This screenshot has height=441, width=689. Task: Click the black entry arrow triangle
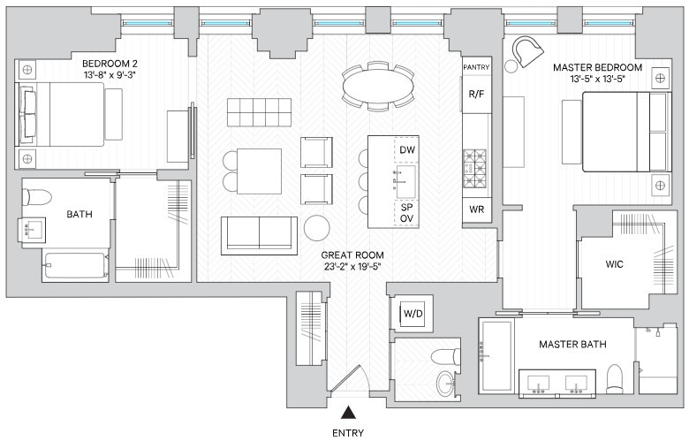click(349, 412)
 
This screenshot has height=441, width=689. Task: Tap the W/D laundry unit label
click(413, 314)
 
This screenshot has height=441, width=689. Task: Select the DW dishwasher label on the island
click(407, 150)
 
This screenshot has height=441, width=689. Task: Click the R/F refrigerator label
click(477, 94)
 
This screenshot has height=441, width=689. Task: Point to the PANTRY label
click(476, 67)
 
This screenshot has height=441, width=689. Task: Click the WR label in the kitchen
click(477, 209)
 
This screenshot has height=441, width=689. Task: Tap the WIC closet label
click(614, 264)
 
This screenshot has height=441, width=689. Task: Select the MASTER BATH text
click(572, 345)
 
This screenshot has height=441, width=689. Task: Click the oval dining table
click(378, 86)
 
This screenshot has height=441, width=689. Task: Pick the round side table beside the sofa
click(317, 228)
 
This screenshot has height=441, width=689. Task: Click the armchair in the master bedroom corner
click(526, 50)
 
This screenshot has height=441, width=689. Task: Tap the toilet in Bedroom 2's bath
click(37, 196)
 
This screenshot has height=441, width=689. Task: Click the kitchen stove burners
click(474, 169)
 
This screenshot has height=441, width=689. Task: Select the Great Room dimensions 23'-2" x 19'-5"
click(352, 266)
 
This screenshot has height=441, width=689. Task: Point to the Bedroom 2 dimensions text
click(109, 75)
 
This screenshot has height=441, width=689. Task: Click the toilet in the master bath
click(614, 378)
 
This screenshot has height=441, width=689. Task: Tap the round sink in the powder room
click(445, 383)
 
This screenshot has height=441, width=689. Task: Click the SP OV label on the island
click(407, 213)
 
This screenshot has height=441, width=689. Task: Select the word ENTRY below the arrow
click(348, 433)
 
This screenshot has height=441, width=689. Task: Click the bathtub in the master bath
click(496, 355)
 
